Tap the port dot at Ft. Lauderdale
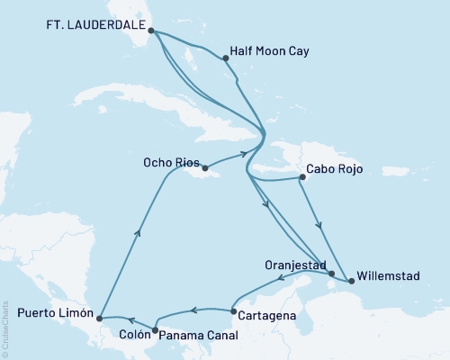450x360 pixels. pos(150,30)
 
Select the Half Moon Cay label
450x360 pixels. pos(270,51)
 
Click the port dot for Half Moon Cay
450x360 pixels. pos(224,58)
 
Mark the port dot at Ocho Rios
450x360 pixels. pos(206,167)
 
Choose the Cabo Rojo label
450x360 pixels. pos(336,167)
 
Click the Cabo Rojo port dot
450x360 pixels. pos(301,177)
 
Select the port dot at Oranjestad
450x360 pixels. pos(331,274)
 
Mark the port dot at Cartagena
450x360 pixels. pos(233,311)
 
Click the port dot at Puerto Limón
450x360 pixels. pos(99,318)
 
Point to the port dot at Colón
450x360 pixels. pos(155,330)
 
